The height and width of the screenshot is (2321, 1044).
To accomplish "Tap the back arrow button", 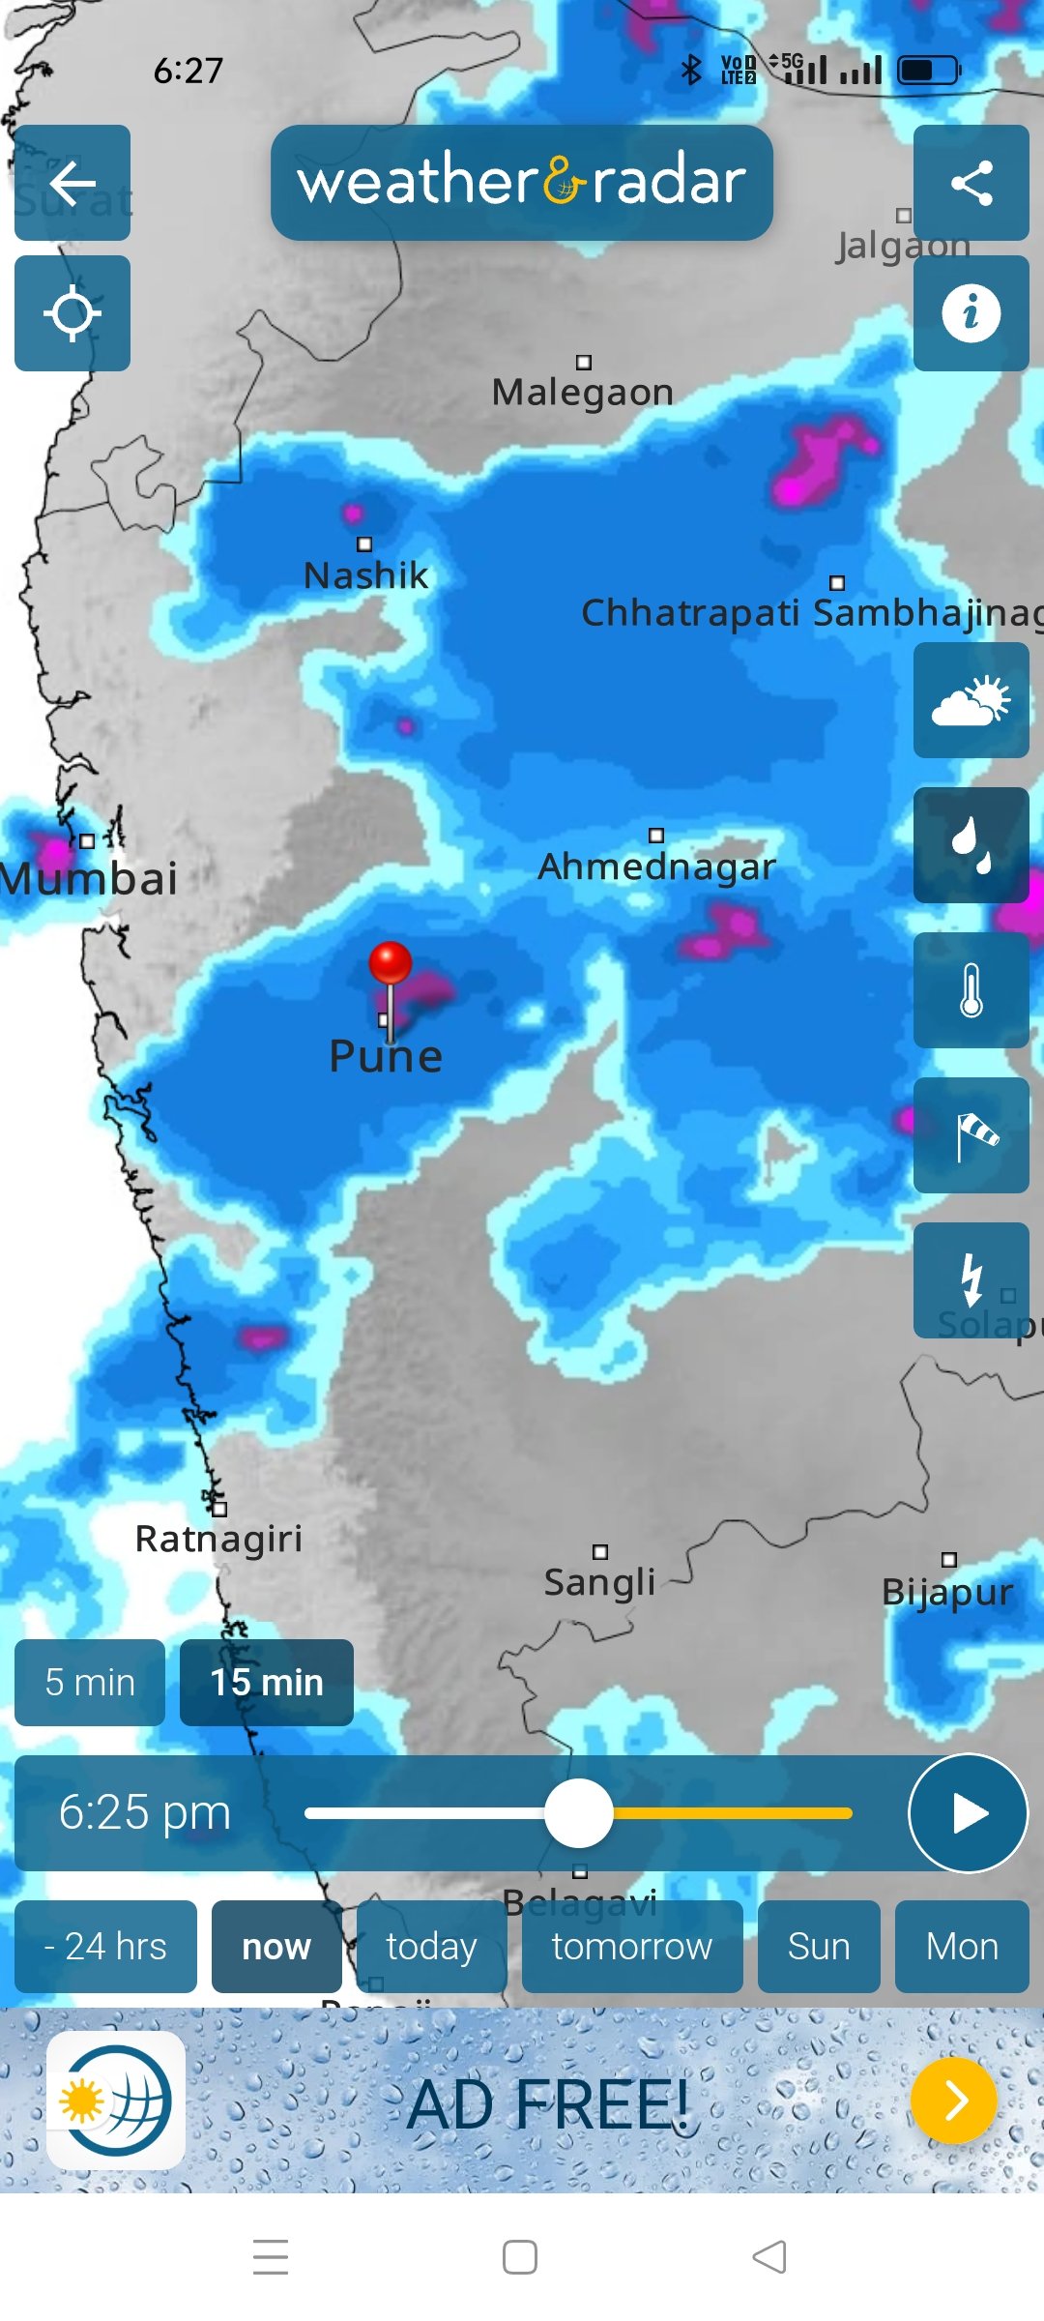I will pos(72,183).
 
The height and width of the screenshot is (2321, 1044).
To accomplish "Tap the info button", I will pos(971,313).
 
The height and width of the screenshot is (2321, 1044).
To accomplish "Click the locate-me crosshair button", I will pos(72,313).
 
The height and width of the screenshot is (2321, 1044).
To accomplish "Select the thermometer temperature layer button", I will pos(971,990).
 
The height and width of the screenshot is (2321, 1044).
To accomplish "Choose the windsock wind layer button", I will pos(971,1135).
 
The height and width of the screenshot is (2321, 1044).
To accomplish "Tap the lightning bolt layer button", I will pos(971,1278).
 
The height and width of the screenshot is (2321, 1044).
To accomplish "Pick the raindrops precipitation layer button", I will pos(971,845).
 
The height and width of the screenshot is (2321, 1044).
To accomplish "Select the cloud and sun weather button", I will pos(971,700).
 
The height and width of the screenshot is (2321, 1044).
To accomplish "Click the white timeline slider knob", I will pos(578,1813).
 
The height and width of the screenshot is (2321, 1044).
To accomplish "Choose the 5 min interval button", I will pos(90,1683).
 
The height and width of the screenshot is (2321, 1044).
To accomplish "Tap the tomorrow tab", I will pos(632,1946).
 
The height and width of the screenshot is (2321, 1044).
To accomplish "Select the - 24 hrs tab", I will pos(105,1946).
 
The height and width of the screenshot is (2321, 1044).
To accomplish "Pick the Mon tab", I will pos(962,1946).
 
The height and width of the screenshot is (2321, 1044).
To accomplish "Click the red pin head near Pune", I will pos(391,962).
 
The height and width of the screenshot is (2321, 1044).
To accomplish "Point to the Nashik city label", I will pos(365,575).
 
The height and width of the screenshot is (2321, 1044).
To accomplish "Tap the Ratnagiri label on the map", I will pos(218,1538).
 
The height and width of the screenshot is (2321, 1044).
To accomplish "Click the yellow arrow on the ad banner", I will pos(954,2101).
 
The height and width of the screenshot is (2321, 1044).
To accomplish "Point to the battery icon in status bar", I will pos(928,70).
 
